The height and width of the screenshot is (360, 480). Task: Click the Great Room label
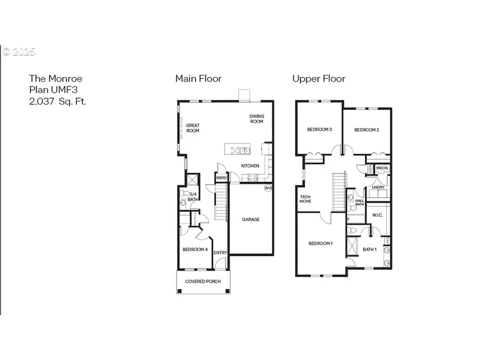point(193,128)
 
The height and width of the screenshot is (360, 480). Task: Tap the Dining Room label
point(257,118)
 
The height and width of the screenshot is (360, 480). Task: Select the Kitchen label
point(250,166)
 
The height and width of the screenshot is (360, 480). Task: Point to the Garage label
point(251,219)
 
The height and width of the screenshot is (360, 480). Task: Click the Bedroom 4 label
point(195,249)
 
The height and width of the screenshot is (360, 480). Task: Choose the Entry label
point(220,253)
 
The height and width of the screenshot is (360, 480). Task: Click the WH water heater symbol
point(268,188)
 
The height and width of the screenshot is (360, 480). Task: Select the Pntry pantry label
point(221,178)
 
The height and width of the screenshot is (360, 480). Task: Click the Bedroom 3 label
point(319,130)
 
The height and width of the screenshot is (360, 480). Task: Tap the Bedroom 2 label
point(366,130)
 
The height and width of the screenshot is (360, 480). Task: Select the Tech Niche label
point(306,199)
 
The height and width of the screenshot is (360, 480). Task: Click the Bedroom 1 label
point(321,244)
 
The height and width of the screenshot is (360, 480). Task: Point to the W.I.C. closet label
point(377,216)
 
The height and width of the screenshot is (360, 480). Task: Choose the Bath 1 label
point(370,249)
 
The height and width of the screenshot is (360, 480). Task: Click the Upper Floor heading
point(318,79)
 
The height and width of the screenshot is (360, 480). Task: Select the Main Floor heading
point(198,79)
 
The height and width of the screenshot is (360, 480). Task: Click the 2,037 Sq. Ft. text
point(57,100)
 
